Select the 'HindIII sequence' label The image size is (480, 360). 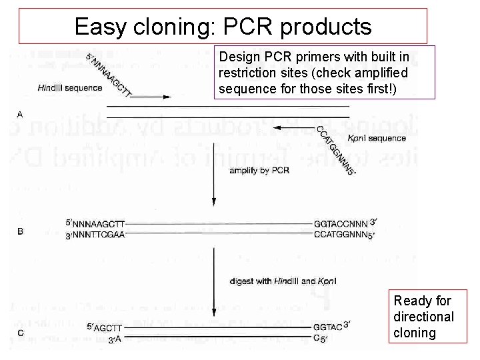70,87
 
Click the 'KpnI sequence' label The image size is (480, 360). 377,138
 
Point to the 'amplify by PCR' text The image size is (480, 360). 259,171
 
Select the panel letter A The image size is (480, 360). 20,115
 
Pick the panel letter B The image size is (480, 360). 20,232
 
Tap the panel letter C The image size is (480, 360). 20,333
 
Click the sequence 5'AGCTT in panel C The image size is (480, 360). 105,327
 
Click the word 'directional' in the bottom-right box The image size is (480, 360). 423,317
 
